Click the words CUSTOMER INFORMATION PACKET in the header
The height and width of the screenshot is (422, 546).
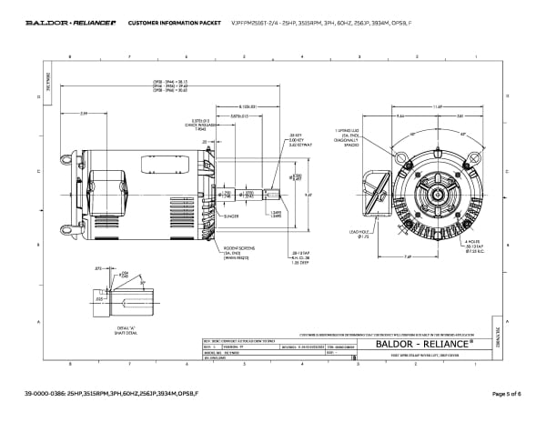167,22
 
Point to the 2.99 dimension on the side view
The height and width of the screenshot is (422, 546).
84,113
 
